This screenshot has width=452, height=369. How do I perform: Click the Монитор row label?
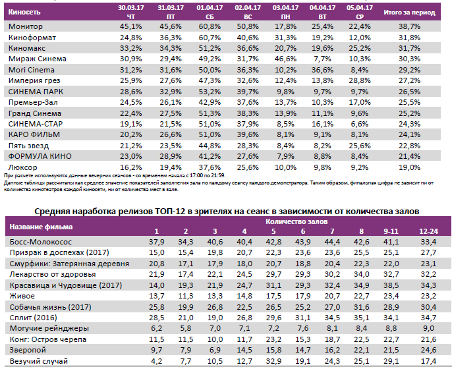(26, 26)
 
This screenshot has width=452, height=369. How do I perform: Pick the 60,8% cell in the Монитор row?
(210, 26)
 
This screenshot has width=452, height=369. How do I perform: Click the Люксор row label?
(24, 167)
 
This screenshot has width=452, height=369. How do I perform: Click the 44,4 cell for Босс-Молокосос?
(331, 242)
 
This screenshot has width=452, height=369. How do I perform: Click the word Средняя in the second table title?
(53, 210)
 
